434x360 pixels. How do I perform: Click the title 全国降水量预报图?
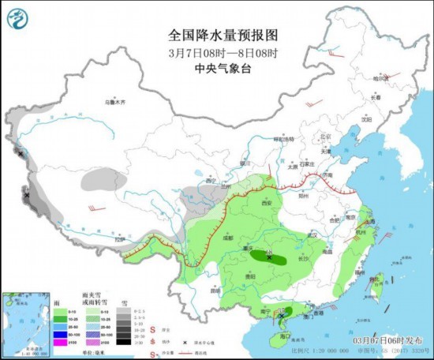point(214,35)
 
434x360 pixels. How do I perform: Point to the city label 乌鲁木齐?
point(116,102)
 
